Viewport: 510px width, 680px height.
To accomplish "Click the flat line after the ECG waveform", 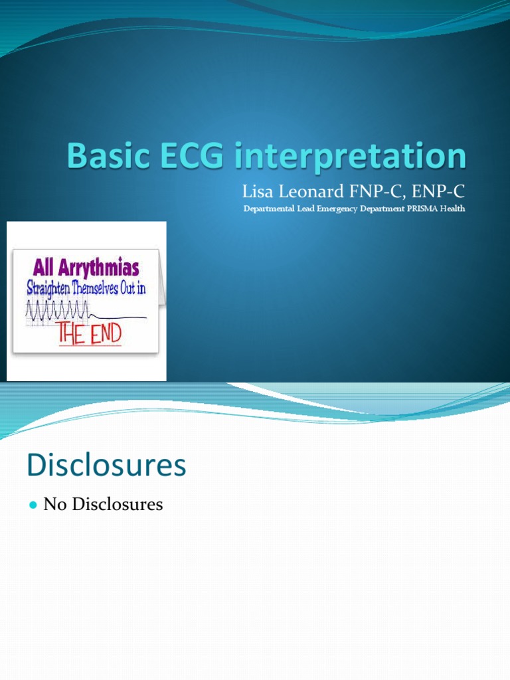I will [120, 316].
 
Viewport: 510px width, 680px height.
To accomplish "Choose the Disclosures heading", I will [106, 466].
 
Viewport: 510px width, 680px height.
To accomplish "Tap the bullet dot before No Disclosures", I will [33, 505].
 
